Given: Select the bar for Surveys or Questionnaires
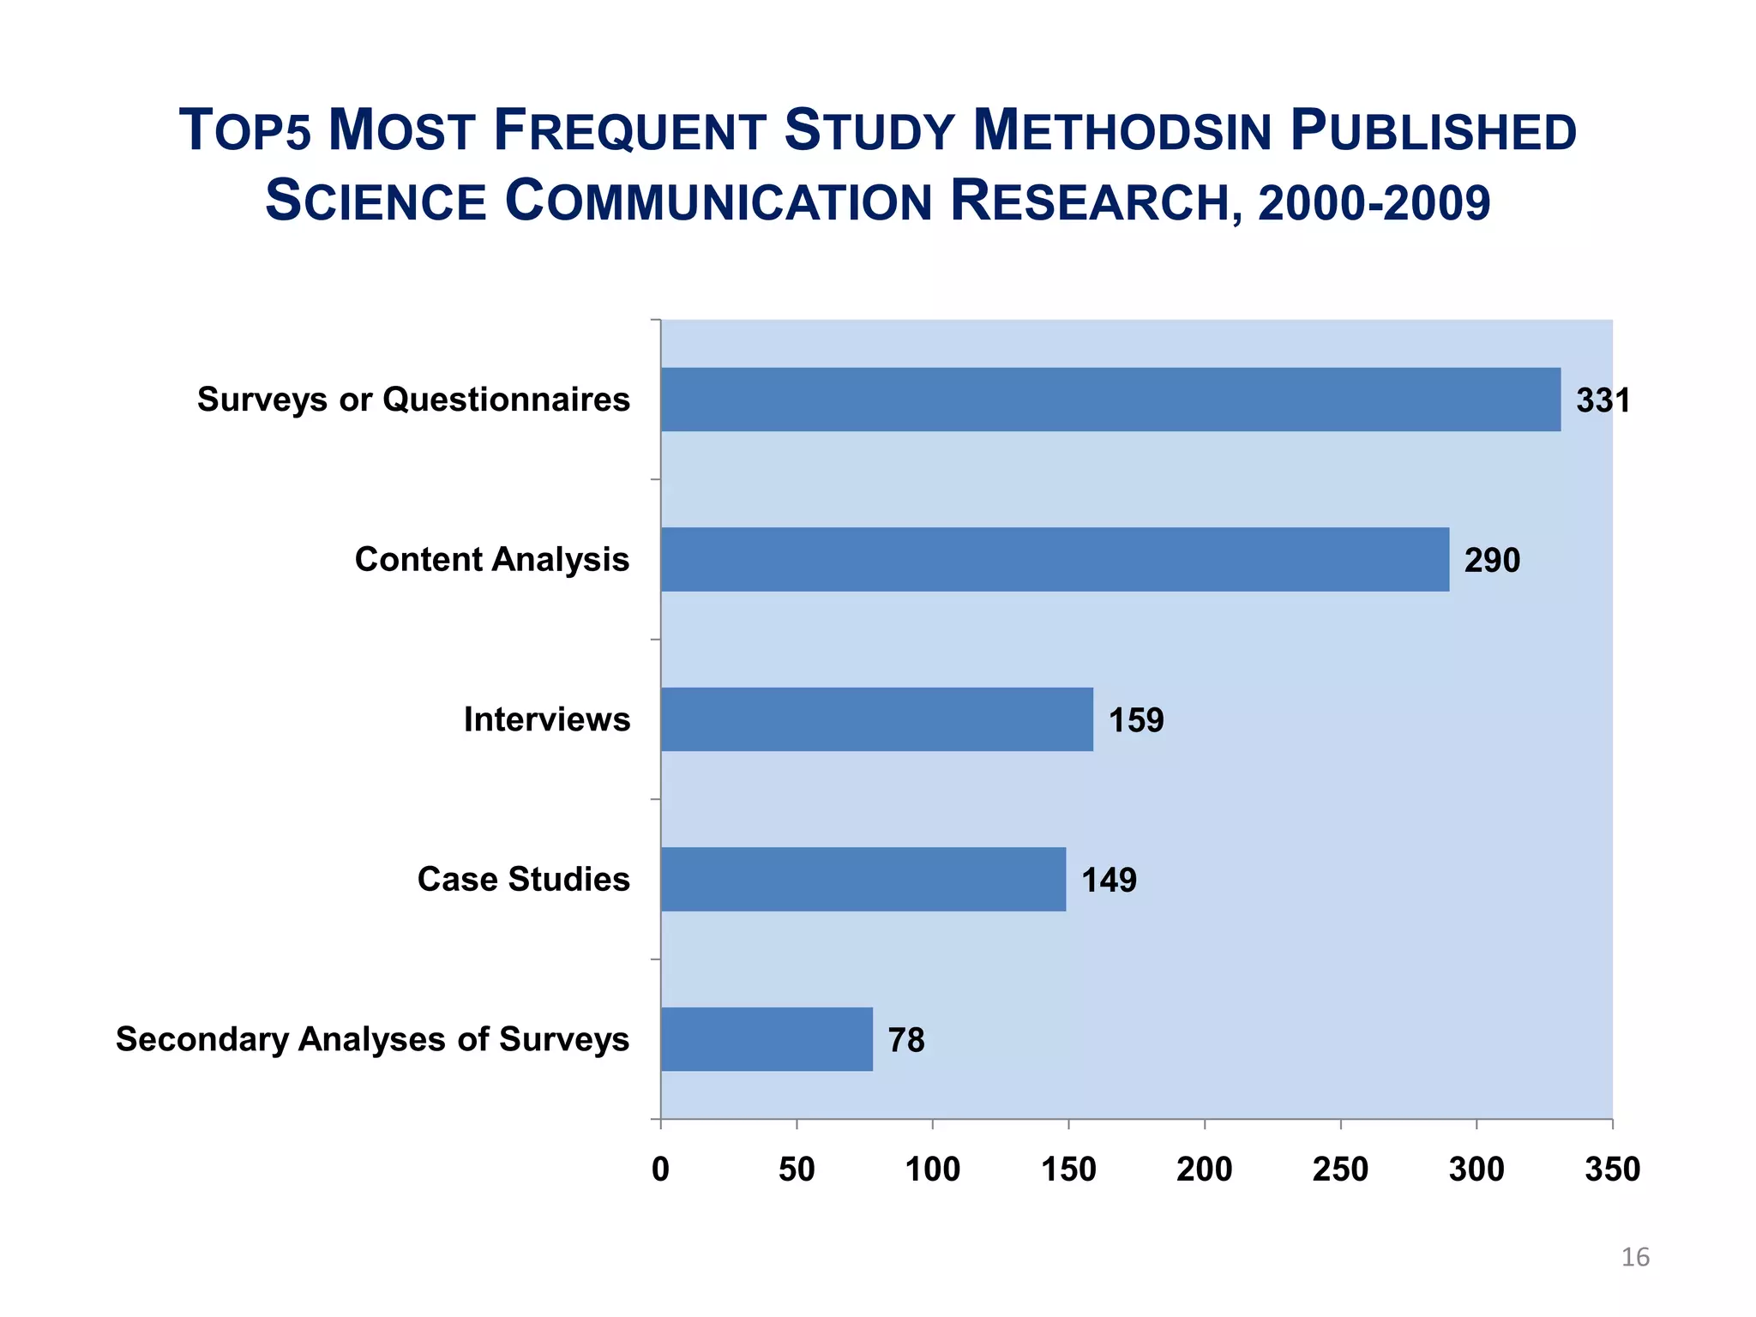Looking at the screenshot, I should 1110,400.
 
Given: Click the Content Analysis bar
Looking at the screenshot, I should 1055,559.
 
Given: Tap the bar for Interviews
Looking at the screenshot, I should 876,719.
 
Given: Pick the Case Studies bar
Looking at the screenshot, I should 863,879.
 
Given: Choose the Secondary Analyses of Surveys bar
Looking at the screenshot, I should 767,1039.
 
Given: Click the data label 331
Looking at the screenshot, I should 1603,400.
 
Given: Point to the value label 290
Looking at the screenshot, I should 1492,561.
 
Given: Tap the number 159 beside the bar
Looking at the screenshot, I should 1136,720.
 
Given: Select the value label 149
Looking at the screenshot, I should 1109,881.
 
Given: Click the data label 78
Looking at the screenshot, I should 906,1040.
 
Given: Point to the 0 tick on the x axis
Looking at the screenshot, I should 660,1170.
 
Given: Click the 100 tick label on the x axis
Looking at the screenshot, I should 933,1170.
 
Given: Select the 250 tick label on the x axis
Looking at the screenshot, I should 1340,1170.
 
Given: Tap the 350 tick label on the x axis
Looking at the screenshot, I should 1612,1170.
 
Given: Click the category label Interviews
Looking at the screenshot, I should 547,719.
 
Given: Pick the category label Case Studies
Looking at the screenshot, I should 523,879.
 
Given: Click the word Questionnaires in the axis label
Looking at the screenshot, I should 506,400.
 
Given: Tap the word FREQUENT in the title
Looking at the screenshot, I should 630,131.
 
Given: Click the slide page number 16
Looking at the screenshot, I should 1635,1257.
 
